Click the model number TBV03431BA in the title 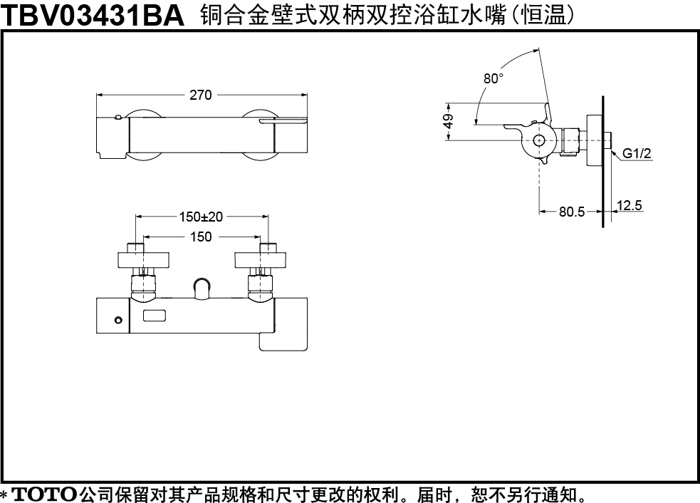click(93, 15)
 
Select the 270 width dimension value click(200, 95)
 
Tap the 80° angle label click(493, 78)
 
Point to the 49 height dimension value click(449, 122)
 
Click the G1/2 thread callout click(637, 154)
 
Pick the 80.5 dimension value click(571, 212)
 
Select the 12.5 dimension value click(629, 205)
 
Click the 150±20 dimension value click(201, 217)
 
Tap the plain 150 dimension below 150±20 click(201, 237)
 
